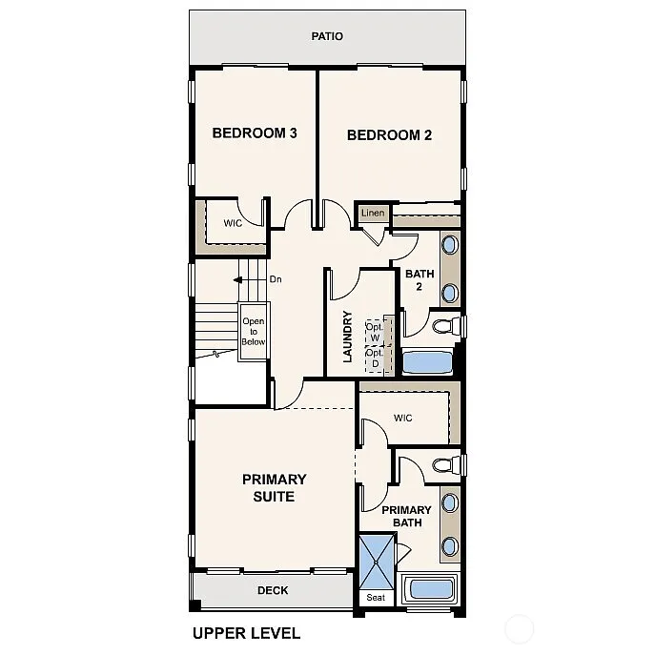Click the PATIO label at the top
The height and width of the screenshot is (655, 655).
pyautogui.click(x=327, y=36)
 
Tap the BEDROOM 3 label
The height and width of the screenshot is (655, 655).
pyautogui.click(x=254, y=133)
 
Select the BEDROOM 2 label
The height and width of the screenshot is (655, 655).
pyautogui.click(x=389, y=135)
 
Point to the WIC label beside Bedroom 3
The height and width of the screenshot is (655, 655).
pyautogui.click(x=233, y=223)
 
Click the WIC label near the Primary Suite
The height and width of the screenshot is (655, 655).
pyautogui.click(x=402, y=418)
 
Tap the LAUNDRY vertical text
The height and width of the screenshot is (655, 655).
pyautogui.click(x=348, y=337)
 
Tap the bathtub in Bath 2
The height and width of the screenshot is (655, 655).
pyautogui.click(x=427, y=362)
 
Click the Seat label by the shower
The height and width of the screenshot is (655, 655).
pyautogui.click(x=375, y=599)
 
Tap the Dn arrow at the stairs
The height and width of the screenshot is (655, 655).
pyautogui.click(x=250, y=279)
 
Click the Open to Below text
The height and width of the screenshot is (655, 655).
pyautogui.click(x=253, y=331)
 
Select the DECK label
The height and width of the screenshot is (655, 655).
pyautogui.click(x=273, y=591)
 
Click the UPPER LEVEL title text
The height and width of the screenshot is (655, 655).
pyautogui.click(x=246, y=633)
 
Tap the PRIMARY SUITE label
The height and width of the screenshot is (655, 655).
pyautogui.click(x=274, y=488)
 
